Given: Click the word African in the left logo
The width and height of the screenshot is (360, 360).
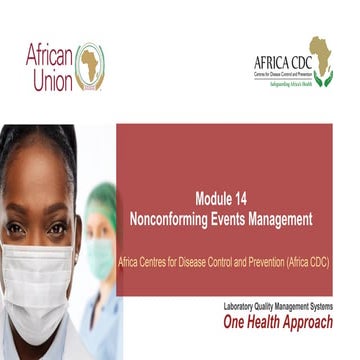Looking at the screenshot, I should (49, 55).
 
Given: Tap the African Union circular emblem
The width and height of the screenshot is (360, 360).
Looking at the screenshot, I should (90, 66).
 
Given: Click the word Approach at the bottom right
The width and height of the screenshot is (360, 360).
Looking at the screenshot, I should (314, 323).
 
